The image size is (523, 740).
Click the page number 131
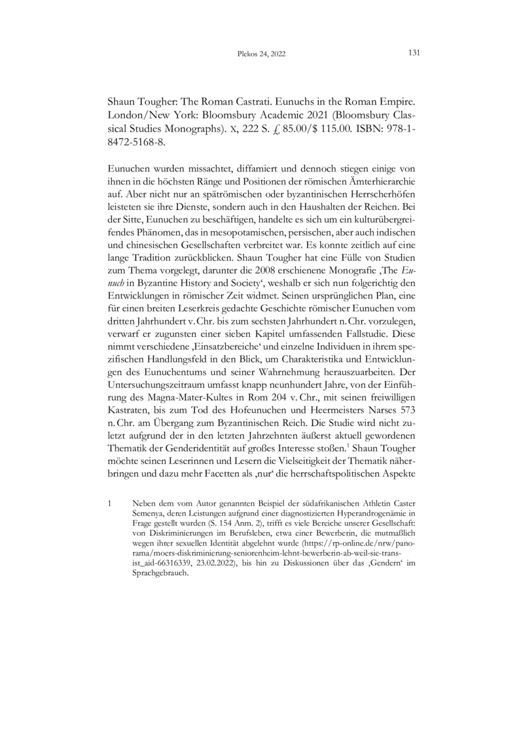[413, 53]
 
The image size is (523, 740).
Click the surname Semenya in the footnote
[149, 515]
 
